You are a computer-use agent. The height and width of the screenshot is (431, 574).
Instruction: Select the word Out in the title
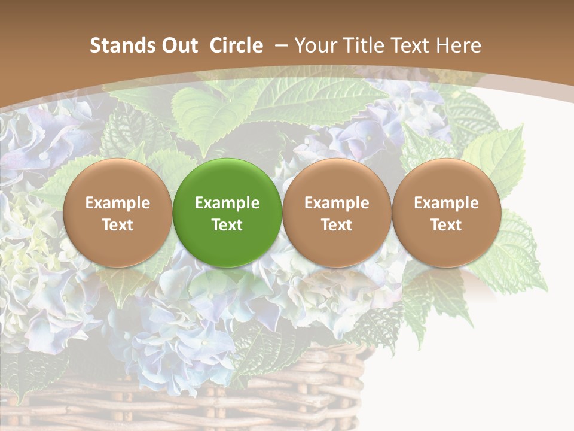point(178,45)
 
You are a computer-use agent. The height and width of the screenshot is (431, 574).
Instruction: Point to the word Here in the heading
point(459,45)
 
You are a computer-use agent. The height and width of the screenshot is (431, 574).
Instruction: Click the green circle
point(227,213)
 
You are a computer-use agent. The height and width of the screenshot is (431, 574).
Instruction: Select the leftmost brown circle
point(118,213)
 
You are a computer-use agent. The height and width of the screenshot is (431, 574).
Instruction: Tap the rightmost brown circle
point(446,213)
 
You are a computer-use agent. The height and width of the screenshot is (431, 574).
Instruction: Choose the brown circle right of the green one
point(337,213)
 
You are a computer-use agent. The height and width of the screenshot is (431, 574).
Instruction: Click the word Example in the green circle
point(227,203)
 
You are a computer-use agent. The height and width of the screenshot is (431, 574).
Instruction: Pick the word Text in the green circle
point(227,225)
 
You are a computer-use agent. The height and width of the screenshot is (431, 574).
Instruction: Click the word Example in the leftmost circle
point(118,203)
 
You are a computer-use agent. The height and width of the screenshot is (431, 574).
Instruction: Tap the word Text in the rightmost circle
point(446,225)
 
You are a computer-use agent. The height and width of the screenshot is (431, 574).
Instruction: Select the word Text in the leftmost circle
point(118,225)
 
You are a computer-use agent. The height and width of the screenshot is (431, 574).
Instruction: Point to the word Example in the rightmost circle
point(446,203)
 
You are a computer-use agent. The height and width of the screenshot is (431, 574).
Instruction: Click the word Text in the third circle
point(337,225)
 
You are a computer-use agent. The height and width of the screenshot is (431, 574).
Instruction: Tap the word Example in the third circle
point(337,203)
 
